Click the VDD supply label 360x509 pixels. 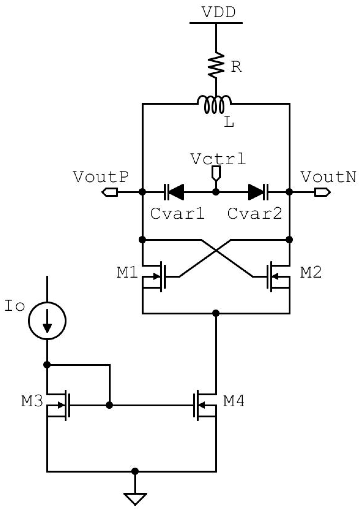pos(218,12)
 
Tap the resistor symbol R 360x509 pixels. pos(216,65)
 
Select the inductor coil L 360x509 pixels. pos(214,105)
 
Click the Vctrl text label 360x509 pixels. pos(218,159)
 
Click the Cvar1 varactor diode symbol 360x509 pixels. pos(174,192)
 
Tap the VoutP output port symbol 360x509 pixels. pos(110,192)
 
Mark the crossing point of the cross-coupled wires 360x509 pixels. pos(216,251)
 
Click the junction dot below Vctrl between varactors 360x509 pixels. pos(216,192)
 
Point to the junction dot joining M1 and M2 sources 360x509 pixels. pos(216,313)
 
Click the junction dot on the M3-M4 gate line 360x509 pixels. pos(109,405)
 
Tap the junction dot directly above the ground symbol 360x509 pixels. pos(135,471)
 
